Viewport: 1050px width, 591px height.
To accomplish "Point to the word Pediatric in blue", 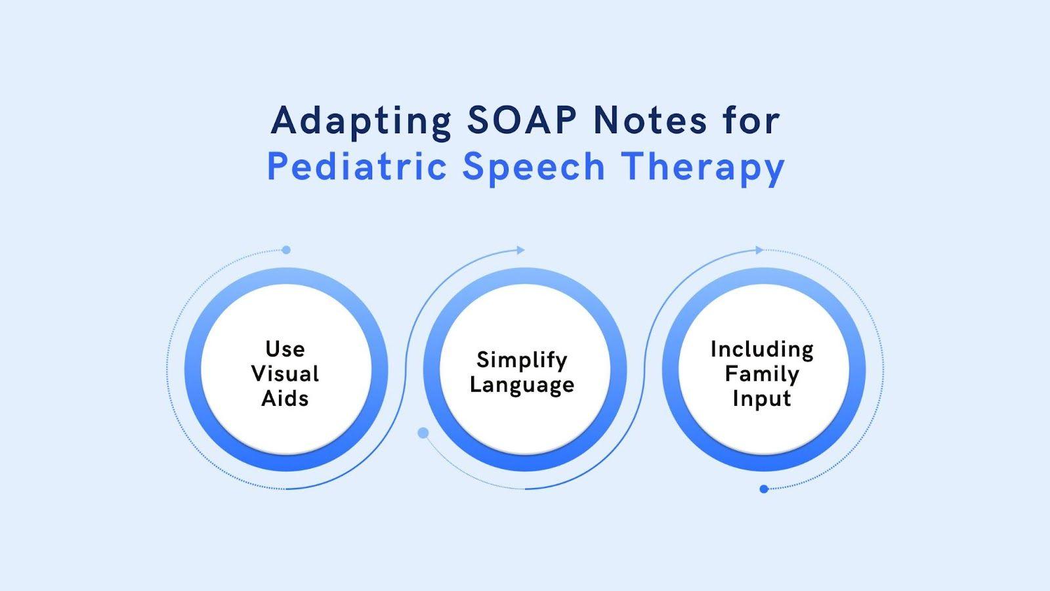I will coord(356,167).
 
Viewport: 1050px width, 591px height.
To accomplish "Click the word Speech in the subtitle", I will coord(534,167).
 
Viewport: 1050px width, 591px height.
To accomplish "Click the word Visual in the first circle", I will coord(285,374).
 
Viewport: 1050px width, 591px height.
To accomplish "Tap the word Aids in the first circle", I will coord(285,399).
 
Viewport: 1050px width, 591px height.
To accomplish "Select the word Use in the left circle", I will coord(285,349).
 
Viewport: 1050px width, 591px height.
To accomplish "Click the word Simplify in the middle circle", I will coord(522,361).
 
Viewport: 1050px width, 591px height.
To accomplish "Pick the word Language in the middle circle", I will coord(522,385).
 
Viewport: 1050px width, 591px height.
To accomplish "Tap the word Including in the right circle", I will coord(762,349).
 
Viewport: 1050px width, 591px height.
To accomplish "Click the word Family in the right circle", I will coord(762,374).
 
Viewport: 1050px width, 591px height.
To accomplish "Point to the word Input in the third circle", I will coord(762,399).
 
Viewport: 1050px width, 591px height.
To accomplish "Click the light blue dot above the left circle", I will coord(285,250).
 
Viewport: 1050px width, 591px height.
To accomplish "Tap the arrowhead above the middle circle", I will coord(521,250).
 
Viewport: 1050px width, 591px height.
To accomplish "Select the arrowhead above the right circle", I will coord(759,250).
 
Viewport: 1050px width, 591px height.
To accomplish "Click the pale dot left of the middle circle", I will coord(423,433).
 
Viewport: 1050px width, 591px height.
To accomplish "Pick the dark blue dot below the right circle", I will coord(764,489).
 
